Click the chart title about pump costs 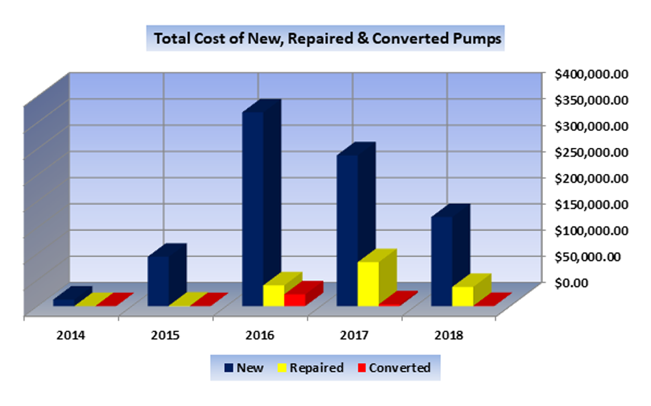[x=328, y=39]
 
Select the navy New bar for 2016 [x=252, y=205]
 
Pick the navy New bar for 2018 [x=441, y=260]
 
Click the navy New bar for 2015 [x=158, y=281]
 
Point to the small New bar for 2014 [x=64, y=301]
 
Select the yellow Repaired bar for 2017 [x=368, y=283]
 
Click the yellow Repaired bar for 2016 [x=274, y=294]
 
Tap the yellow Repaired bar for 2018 [x=462, y=296]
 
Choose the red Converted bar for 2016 [x=295, y=299]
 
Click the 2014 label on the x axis [x=71, y=335]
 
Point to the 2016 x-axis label [x=260, y=335]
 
